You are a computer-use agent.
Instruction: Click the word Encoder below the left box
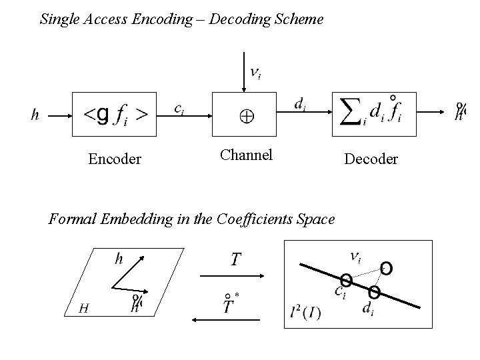[115, 159]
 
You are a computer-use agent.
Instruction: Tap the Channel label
[247, 155]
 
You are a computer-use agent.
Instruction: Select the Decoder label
[371, 159]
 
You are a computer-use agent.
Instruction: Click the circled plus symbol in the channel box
[247, 116]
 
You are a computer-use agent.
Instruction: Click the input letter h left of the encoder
[35, 115]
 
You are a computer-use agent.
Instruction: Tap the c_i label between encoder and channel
[179, 109]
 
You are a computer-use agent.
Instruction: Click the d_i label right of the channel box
[301, 104]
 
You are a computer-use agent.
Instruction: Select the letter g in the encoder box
[103, 115]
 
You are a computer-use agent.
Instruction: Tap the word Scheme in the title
[301, 19]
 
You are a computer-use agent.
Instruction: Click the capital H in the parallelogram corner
[83, 307]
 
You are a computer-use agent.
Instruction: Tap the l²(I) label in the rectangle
[305, 313]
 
